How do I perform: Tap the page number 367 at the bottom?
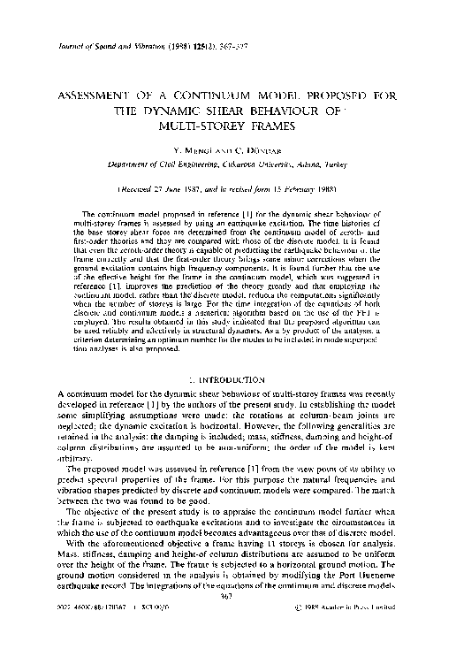(228, 645)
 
